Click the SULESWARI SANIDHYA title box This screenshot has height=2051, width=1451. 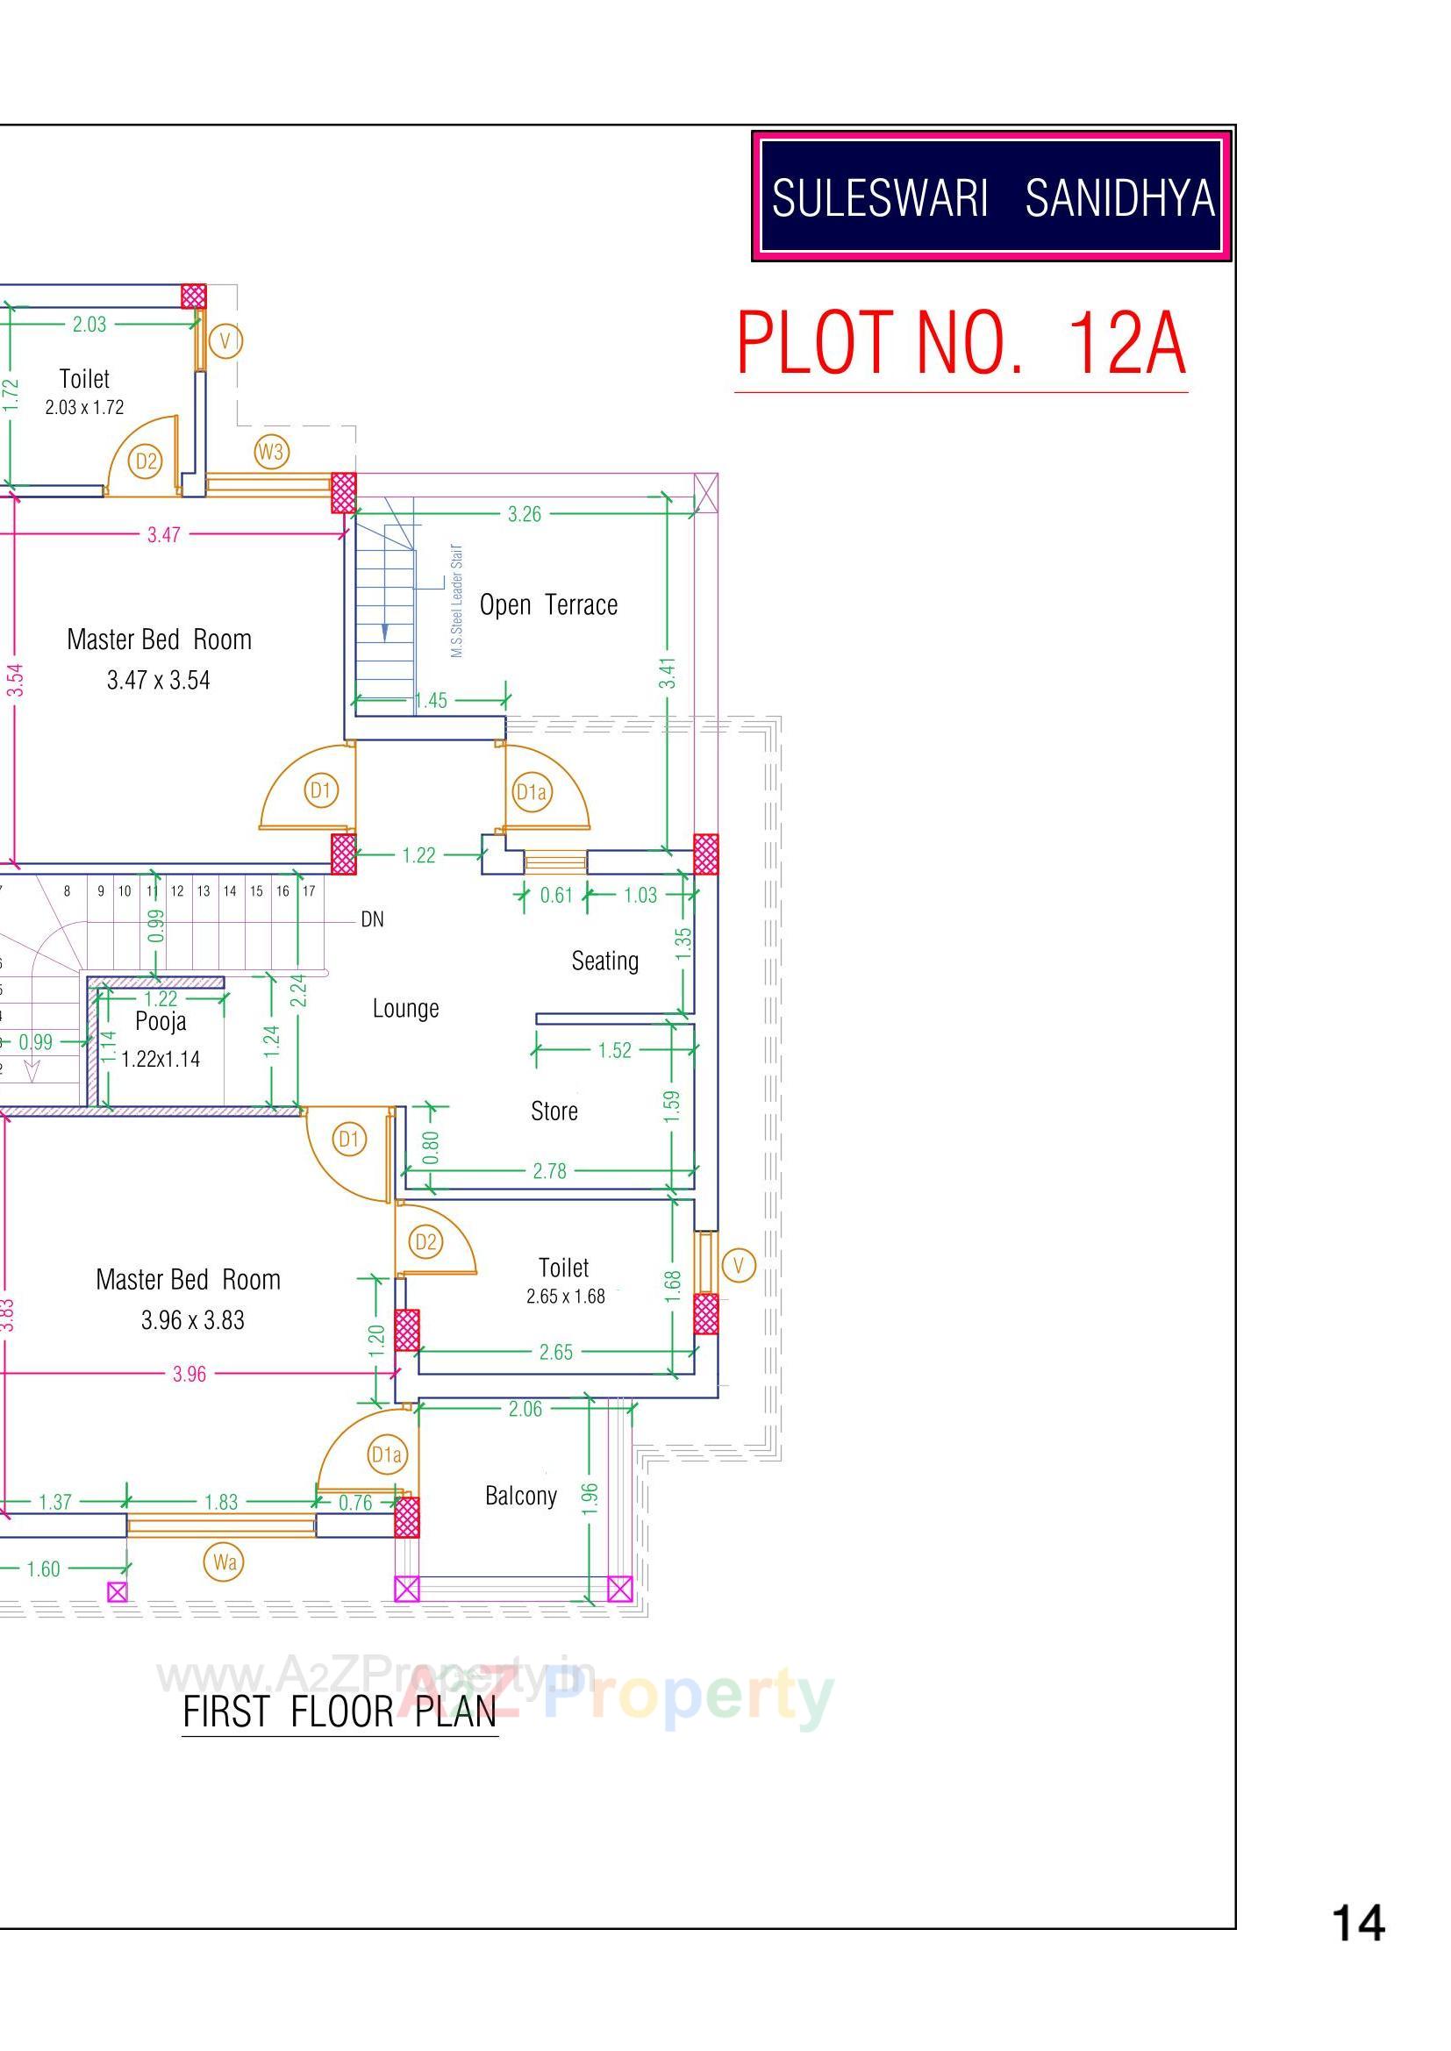click(992, 197)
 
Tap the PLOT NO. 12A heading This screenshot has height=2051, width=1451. click(961, 344)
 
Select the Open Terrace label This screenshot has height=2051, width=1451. click(548, 604)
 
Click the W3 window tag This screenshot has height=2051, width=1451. click(271, 452)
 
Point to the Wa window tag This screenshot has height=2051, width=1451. click(225, 1561)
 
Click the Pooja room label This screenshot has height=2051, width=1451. click(161, 1021)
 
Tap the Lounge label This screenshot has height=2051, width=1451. click(405, 1009)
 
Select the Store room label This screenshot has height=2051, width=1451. click(554, 1111)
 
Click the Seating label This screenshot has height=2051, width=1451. click(605, 961)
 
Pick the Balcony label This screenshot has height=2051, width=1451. click(521, 1496)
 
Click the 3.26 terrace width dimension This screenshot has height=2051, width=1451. click(525, 514)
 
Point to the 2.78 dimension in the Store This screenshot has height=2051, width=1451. click(549, 1171)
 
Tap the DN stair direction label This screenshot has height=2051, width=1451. click(373, 919)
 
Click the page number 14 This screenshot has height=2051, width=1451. click(1358, 1922)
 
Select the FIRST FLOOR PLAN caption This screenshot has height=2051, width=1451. click(340, 1712)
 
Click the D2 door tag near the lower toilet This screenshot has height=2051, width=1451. click(426, 1241)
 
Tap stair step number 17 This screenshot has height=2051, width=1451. click(308, 890)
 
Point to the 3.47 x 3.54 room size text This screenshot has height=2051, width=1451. click(159, 681)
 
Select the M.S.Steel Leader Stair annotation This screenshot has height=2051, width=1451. click(456, 600)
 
